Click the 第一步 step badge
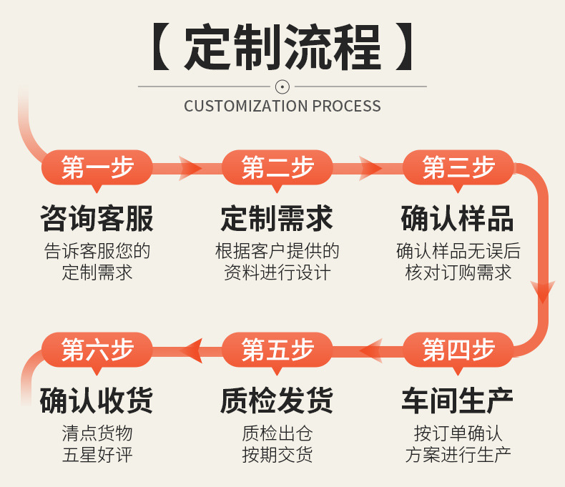coord(97,169)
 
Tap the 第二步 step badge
coord(277,169)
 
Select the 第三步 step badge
coord(458,169)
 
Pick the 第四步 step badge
coord(458,350)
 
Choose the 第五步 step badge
coord(277,350)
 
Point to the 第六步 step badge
coord(97,350)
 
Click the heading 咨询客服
coord(97,218)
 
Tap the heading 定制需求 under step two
coord(277,218)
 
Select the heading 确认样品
coord(458,218)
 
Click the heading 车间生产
coord(458,400)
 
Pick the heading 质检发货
coord(277,400)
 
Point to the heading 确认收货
coord(97,400)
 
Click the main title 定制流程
coord(282,47)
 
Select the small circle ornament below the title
coord(282,87)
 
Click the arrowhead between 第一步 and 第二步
coord(190,169)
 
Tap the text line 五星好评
coord(97,455)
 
